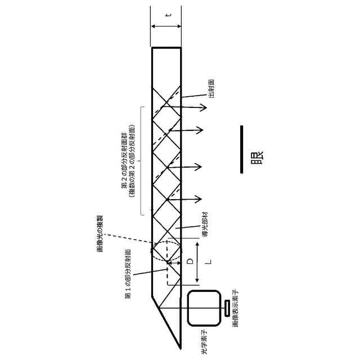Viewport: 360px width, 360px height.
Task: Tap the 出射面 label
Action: (x=211, y=88)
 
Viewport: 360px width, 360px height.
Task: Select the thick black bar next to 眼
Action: (x=241, y=149)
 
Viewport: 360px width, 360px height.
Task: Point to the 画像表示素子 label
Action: (x=236, y=309)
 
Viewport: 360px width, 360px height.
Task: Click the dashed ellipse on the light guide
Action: (x=166, y=251)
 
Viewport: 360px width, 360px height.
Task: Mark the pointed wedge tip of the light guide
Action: (x=178, y=344)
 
